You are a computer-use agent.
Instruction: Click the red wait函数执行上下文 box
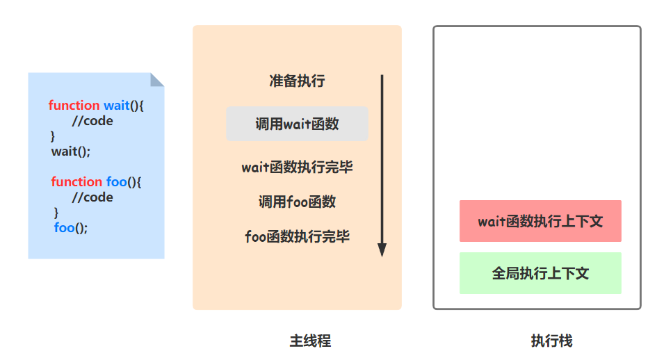[540, 221]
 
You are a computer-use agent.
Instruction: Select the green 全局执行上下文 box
[540, 273]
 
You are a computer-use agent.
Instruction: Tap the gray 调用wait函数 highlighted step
[297, 124]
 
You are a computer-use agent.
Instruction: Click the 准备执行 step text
[297, 81]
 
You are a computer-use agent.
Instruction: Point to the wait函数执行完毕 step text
[297, 167]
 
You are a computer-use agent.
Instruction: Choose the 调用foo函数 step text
[297, 202]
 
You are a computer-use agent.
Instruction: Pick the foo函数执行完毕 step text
[297, 236]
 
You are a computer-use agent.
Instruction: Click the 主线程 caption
[310, 341]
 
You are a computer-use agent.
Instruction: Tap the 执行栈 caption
[551, 341]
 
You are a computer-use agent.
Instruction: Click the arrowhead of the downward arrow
[382, 249]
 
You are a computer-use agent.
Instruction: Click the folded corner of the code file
[158, 79]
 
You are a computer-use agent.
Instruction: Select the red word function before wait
[74, 105]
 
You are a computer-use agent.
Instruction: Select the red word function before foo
[76, 181]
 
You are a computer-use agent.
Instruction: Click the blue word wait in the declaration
[117, 105]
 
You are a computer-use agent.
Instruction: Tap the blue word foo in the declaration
[116, 181]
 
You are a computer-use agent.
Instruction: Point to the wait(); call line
[71, 151]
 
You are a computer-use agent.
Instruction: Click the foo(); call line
[71, 227]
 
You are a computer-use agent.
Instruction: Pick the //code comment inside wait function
[92, 120]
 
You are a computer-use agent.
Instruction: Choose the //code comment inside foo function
[92, 197]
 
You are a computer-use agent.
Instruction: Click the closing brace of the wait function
[53, 136]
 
